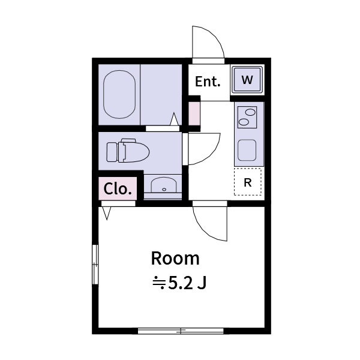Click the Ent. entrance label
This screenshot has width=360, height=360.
click(208, 82)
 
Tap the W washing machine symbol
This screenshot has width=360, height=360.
click(247, 79)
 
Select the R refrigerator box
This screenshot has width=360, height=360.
click(248, 182)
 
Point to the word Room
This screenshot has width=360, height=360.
click(175, 259)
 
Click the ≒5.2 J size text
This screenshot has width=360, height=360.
click(179, 283)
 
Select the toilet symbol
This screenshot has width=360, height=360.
click(127, 151)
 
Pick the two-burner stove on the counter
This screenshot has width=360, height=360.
click(247, 117)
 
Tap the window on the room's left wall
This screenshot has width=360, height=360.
click(94, 265)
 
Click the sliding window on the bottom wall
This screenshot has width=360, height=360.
click(181, 330)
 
